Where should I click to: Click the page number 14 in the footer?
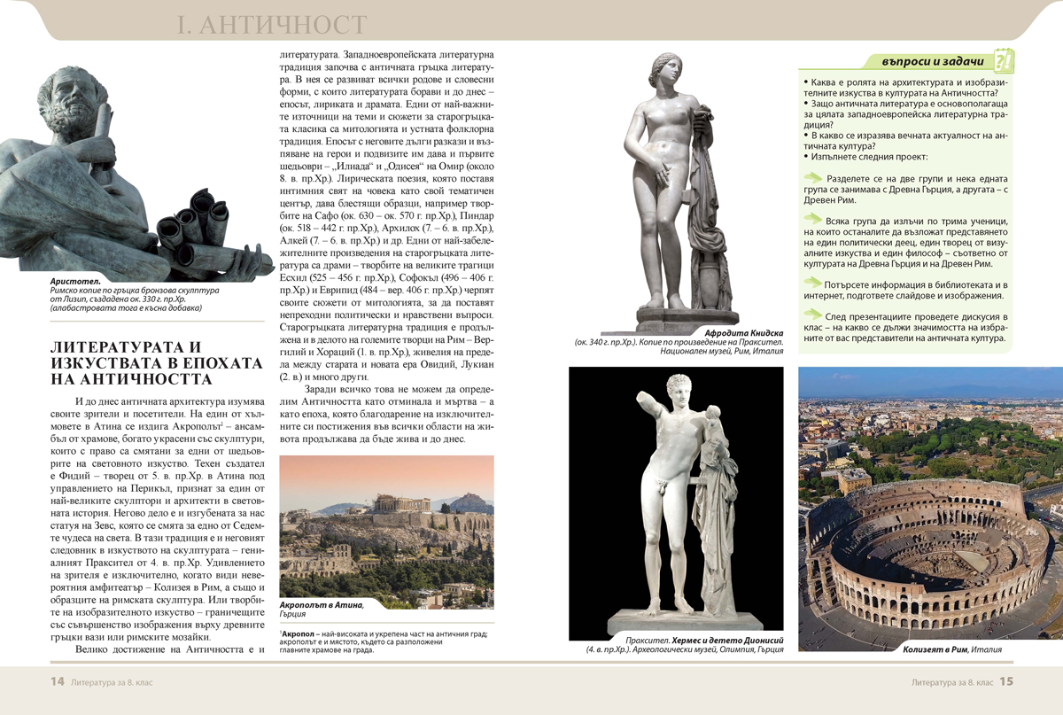point(57,681)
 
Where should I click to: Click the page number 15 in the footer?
point(1007,681)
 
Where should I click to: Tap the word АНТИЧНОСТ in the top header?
point(283,25)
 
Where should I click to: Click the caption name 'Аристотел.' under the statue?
point(74,282)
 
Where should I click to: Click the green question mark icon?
point(1004,61)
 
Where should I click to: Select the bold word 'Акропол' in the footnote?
point(299,634)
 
